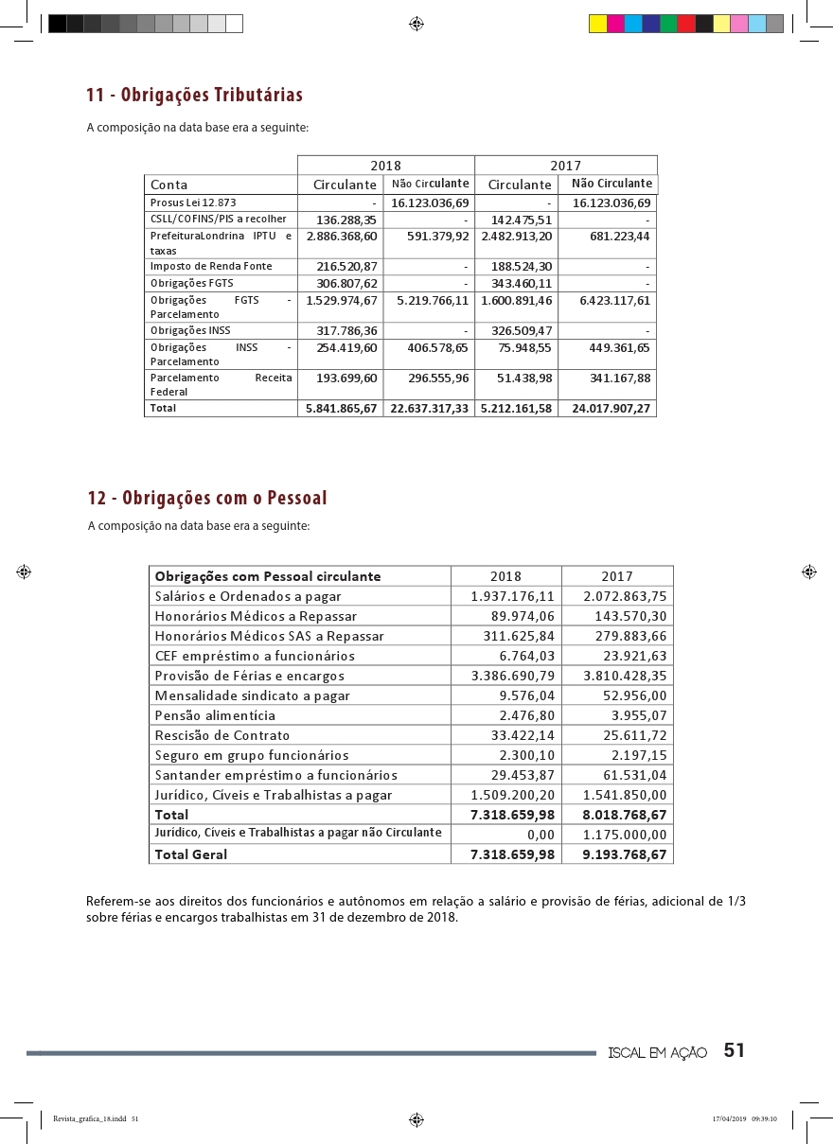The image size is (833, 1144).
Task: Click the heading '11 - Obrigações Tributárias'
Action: [194, 96]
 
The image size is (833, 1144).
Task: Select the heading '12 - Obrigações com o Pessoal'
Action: [206, 498]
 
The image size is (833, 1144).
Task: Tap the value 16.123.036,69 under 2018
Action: [431, 203]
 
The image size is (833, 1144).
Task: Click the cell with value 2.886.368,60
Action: [342, 236]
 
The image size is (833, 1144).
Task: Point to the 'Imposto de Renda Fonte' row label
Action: [211, 267]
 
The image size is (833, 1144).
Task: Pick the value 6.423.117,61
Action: [614, 300]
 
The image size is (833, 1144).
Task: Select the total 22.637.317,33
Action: [431, 409]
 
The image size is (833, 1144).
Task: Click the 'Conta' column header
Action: [169, 185]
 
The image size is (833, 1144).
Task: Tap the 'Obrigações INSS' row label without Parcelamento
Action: [190, 331]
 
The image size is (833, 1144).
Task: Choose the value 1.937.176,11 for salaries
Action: [512, 596]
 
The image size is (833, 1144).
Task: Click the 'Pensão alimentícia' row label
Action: [215, 715]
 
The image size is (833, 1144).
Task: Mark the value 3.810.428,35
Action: [625, 676]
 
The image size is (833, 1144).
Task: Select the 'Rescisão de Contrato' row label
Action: [222, 735]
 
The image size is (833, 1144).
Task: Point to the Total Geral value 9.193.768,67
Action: [625, 854]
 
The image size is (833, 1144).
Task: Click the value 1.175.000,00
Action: [625, 834]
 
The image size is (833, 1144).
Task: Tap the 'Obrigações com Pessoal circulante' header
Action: [268, 576]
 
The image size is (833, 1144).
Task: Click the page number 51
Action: [735, 1050]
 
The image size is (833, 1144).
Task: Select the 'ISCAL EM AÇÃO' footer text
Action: [657, 1053]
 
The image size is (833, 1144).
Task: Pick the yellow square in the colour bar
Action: [597, 24]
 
